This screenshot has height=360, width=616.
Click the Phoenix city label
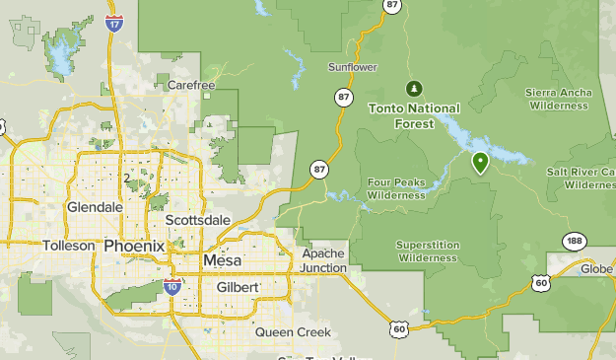point(134,246)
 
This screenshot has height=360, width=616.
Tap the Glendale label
point(95,207)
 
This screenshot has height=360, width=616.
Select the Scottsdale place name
point(197,219)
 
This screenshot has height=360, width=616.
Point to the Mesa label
point(222,260)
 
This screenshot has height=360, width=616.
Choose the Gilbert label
point(237,286)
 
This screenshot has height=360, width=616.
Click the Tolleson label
point(69,246)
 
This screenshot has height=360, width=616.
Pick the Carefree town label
point(190,86)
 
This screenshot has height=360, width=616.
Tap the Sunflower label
point(353,67)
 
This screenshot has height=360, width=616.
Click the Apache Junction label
point(324,260)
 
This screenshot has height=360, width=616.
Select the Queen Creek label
point(293,332)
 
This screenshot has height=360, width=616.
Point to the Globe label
point(595,268)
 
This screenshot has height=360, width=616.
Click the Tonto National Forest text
point(414,114)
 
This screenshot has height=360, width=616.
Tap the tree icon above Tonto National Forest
point(414,88)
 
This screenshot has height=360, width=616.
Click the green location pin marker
point(481,162)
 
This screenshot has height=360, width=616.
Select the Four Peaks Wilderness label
point(396,188)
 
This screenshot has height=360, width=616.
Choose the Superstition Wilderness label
point(427,252)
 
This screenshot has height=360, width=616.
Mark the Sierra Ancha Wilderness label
point(559,98)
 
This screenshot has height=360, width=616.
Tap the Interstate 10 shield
point(171,287)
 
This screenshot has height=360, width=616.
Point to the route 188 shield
point(574,241)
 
